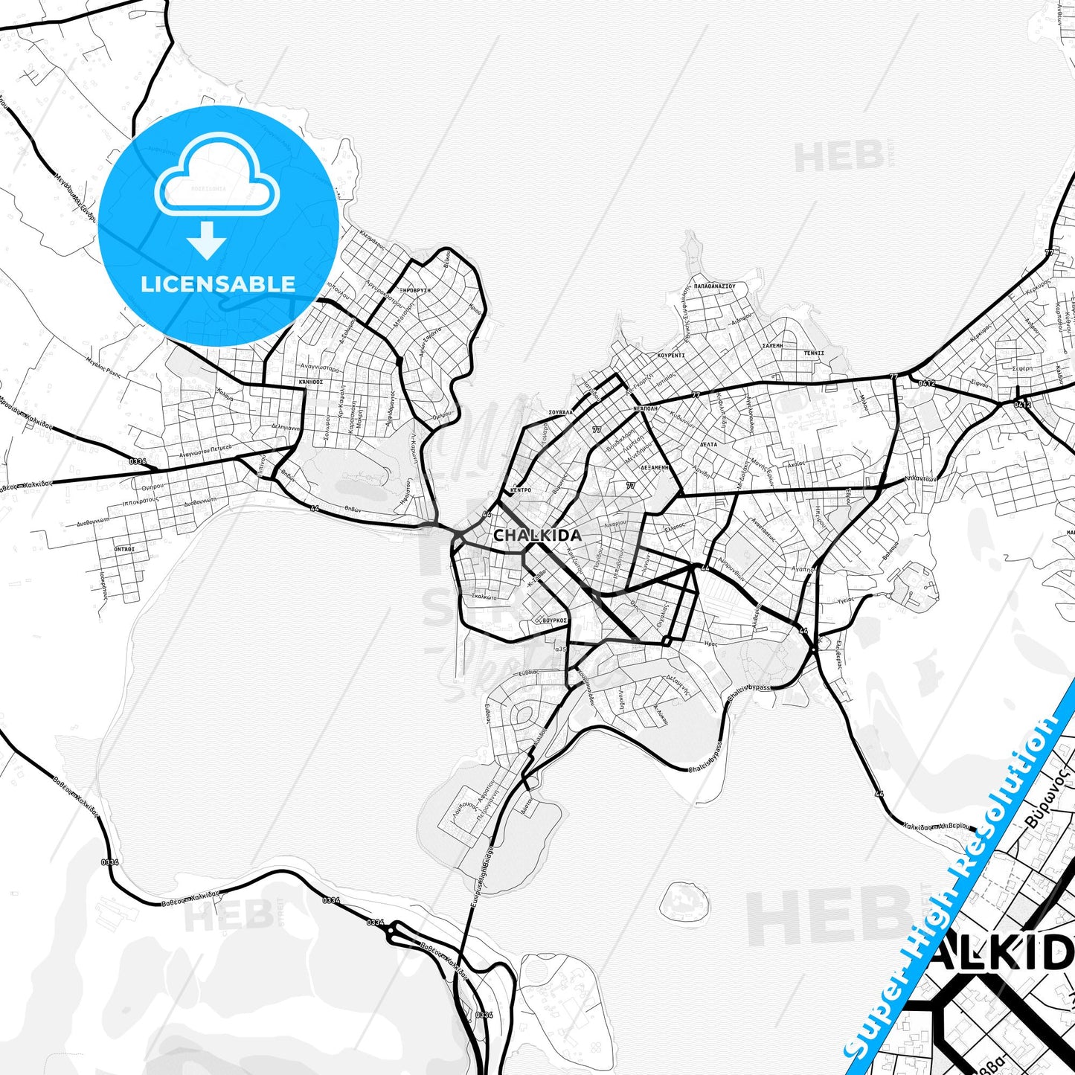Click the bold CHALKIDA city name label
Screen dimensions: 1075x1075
coord(537,535)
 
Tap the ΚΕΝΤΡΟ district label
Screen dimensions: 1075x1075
coord(521,491)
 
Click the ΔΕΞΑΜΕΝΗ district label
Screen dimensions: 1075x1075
coord(655,466)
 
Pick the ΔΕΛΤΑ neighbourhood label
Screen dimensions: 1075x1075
coord(708,444)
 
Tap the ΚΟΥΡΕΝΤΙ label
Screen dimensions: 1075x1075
coord(671,356)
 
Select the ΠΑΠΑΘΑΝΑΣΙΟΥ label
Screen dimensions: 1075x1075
coord(714,285)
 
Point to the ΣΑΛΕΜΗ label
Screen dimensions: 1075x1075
coord(772,347)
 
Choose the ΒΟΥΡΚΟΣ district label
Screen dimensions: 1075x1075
coord(555,620)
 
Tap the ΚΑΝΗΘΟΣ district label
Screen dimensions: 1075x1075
coord(311,382)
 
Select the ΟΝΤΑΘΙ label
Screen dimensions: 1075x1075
coord(124,548)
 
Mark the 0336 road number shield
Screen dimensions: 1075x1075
coord(138,462)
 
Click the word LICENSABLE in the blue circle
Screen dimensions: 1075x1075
coord(218,284)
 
